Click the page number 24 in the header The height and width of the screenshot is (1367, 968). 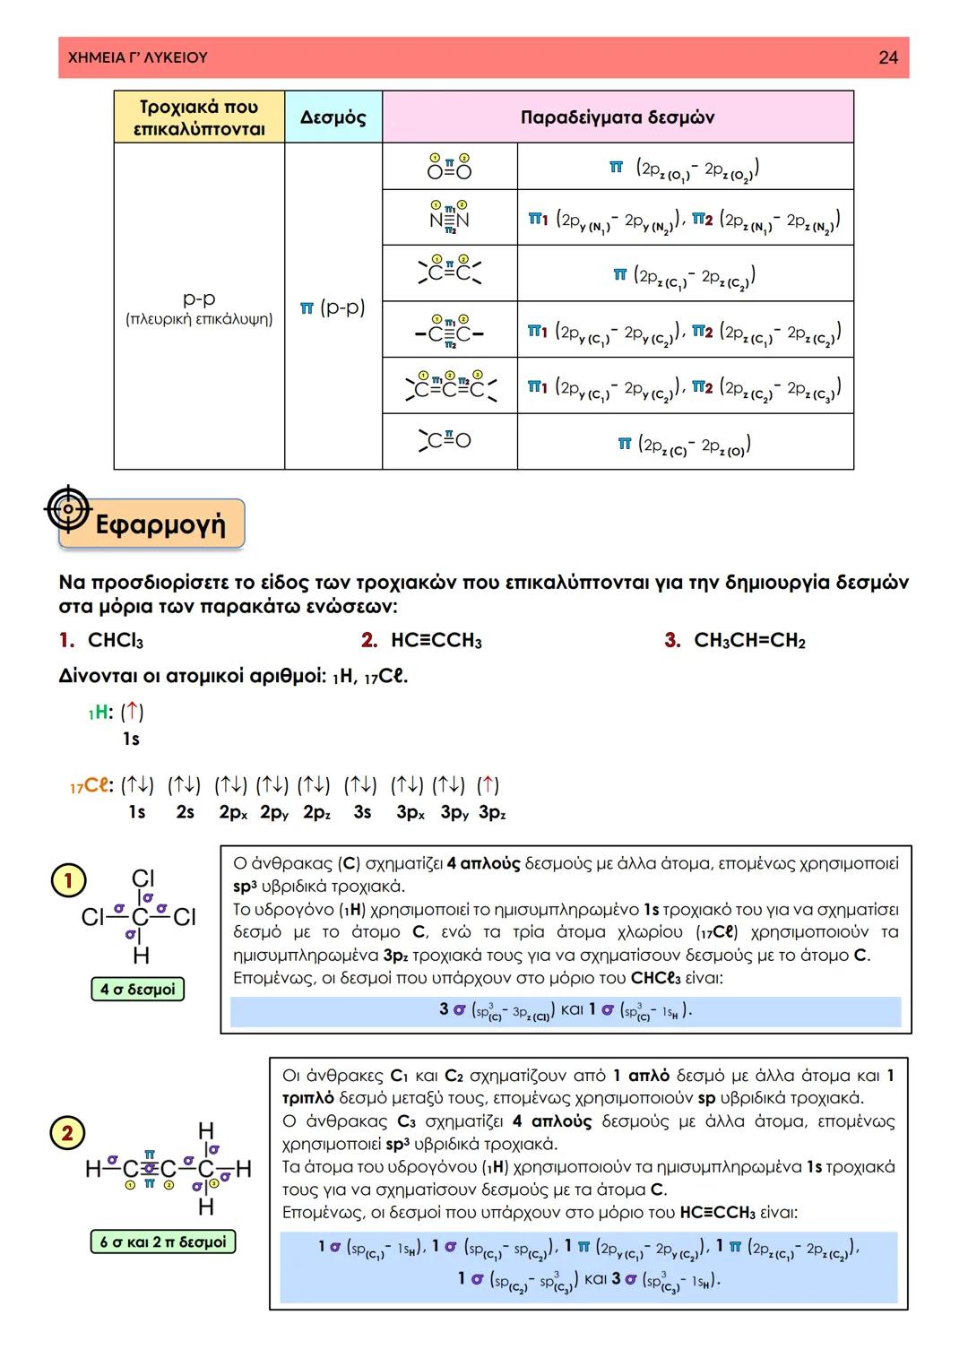tap(887, 57)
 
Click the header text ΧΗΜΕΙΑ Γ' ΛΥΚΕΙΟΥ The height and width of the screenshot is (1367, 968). tap(138, 57)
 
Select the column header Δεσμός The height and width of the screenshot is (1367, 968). tap(333, 117)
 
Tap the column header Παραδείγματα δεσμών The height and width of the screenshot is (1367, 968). tap(617, 117)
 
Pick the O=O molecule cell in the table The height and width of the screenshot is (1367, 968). tap(449, 167)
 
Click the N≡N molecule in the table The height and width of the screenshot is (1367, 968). tap(449, 218)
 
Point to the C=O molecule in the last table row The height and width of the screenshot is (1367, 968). tap(445, 440)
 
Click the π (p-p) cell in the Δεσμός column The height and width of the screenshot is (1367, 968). tap(333, 307)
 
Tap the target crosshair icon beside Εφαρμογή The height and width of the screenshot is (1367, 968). tap(68, 509)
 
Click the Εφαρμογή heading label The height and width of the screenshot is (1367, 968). tap(160, 523)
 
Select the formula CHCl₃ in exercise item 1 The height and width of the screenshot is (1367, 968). tap(115, 641)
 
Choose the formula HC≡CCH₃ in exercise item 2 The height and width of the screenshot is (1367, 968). tap(436, 641)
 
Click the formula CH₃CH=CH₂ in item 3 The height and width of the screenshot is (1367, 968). tap(749, 641)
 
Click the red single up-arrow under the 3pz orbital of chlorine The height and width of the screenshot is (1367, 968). tap(488, 785)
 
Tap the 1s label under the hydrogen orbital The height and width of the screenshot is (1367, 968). tap(131, 740)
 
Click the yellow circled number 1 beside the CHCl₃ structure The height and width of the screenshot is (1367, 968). tap(67, 881)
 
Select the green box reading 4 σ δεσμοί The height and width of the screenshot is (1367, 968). tap(137, 990)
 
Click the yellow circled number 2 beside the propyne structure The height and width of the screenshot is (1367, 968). tap(67, 1133)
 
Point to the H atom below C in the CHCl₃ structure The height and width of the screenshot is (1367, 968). tap(141, 956)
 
